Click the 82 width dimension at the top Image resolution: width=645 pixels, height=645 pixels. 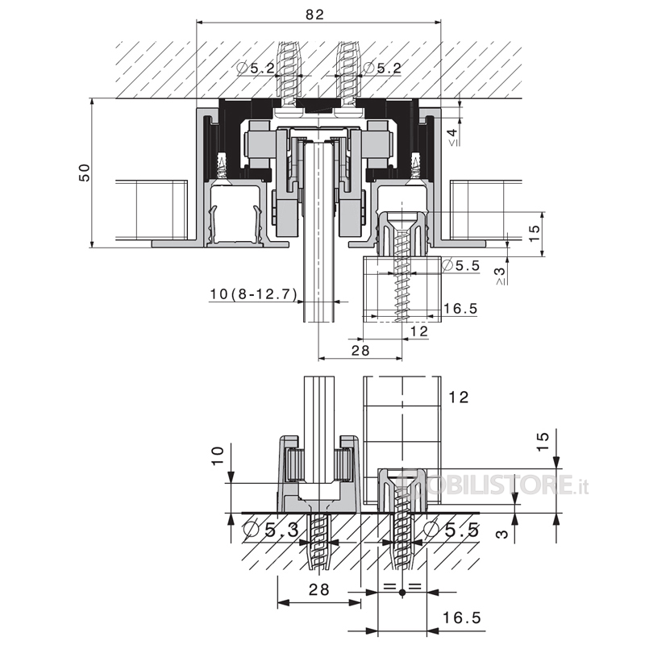click(315, 15)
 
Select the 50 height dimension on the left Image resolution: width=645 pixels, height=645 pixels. click(85, 173)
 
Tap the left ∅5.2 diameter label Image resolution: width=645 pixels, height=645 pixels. click(256, 68)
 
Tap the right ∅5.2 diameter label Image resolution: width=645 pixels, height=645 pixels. click(382, 68)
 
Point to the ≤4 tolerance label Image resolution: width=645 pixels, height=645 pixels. click(452, 137)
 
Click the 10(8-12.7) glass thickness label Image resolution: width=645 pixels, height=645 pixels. click(253, 293)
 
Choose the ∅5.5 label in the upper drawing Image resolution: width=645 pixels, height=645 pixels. click(460, 265)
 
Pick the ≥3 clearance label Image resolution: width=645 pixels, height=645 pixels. click(501, 276)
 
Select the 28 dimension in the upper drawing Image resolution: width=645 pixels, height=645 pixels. click(360, 350)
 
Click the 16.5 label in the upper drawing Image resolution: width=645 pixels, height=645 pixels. click(460, 308)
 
